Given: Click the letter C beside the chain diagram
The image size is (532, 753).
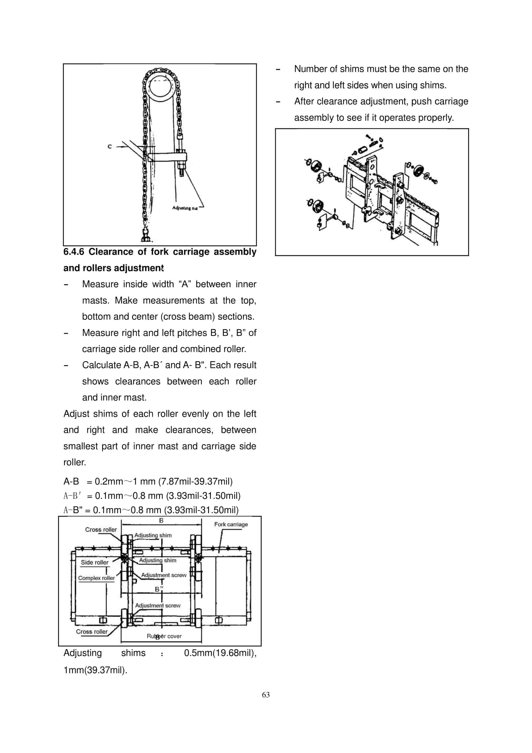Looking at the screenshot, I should (110, 147).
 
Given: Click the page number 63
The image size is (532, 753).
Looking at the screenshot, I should (266, 695).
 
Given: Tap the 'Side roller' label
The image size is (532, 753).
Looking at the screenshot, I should (94, 562).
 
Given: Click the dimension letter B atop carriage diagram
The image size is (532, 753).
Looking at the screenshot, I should (161, 521).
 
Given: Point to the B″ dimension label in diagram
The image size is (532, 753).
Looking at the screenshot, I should (159, 589).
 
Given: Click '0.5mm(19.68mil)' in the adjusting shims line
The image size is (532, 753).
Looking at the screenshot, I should (220, 653).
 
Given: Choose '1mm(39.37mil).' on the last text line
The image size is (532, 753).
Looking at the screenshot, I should (95, 670).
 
